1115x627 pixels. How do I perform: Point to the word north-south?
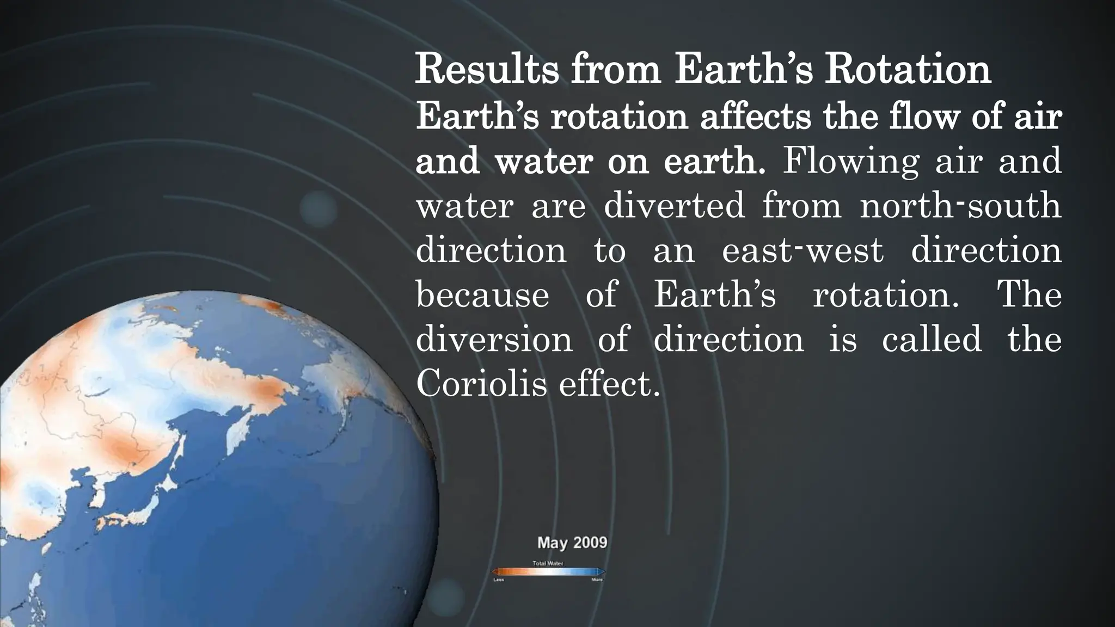point(960,206)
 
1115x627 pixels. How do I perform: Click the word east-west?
point(802,250)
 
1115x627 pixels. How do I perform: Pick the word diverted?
point(674,206)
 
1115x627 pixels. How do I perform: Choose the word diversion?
point(494,339)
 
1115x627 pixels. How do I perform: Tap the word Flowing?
point(850,161)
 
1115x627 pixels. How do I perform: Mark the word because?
point(482,294)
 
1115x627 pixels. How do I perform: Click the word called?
point(932,339)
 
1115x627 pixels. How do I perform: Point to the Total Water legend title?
point(548,563)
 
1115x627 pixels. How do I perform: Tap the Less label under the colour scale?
point(498,580)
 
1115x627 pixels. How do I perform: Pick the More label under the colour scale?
point(597,580)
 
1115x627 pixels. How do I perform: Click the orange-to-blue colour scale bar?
point(548,571)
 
